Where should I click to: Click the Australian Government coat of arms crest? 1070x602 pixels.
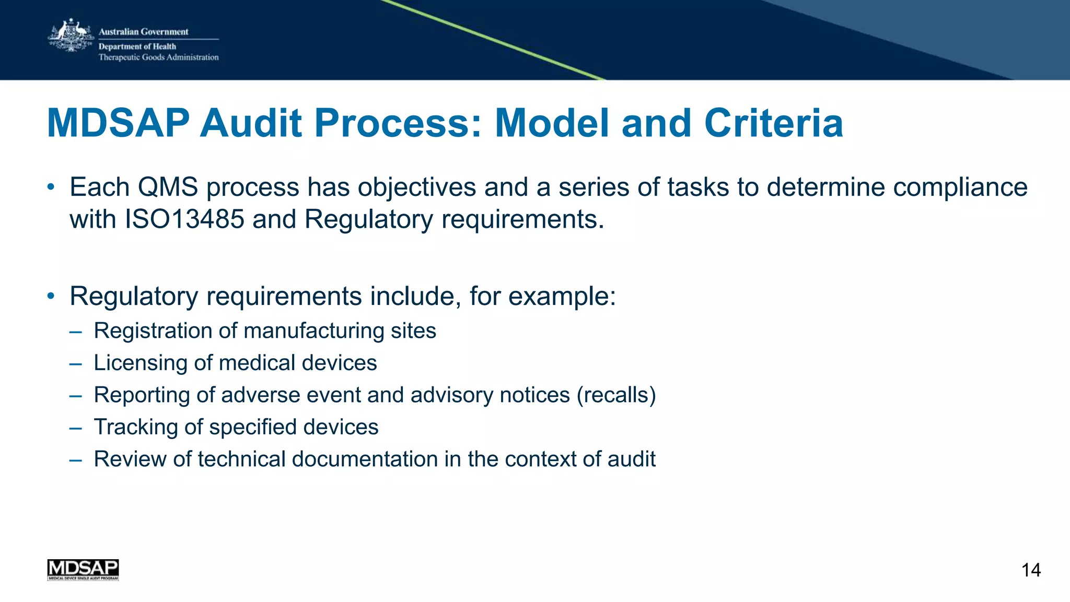(69, 36)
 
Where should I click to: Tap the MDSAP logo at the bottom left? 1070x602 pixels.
(83, 570)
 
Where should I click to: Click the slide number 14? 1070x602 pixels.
(1031, 570)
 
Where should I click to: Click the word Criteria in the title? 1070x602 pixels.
(773, 123)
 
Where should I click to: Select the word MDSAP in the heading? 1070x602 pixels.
(118, 123)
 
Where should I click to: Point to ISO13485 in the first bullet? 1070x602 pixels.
(184, 219)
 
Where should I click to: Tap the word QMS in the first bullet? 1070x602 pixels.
(168, 187)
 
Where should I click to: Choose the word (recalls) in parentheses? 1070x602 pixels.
(616, 395)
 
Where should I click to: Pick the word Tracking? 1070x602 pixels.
(136, 427)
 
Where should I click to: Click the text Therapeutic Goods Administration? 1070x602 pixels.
(159, 57)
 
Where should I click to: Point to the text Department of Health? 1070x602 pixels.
(137, 46)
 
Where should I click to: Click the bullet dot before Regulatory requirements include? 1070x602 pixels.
(51, 297)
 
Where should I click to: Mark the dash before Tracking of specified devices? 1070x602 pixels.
(75, 428)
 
